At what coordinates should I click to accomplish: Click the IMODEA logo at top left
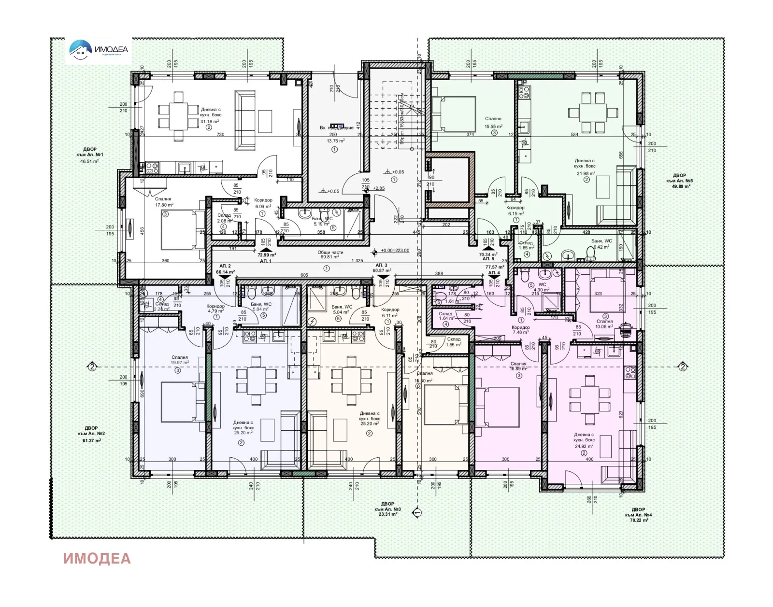click(99, 49)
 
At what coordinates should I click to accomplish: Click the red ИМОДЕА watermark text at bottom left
click(97, 558)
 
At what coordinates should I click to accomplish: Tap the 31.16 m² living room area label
click(209, 122)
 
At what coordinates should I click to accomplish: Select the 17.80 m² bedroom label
click(164, 205)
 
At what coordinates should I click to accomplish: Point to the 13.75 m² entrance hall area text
click(335, 141)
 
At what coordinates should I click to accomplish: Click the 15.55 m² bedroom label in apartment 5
click(493, 127)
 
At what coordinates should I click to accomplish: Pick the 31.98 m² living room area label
click(586, 173)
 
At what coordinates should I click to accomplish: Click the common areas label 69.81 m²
click(330, 257)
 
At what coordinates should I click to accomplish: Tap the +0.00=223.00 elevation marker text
click(394, 251)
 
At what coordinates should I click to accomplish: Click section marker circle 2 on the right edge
click(683, 367)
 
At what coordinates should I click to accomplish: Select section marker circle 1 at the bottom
click(417, 512)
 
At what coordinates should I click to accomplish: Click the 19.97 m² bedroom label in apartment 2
click(179, 363)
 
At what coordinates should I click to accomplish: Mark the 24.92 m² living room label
click(584, 446)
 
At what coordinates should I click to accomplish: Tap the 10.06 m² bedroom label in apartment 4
click(604, 326)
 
